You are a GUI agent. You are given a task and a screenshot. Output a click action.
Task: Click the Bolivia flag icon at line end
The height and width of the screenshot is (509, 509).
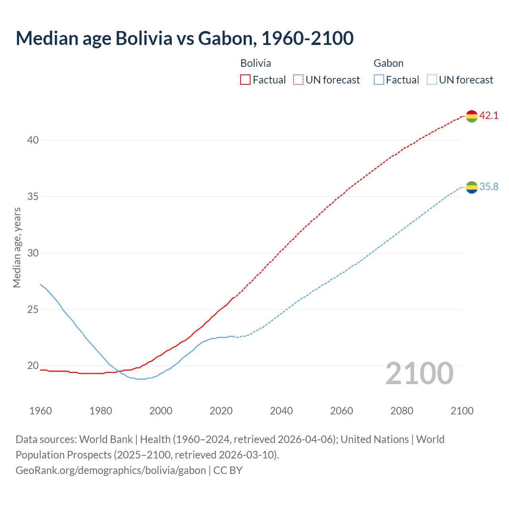[472, 116]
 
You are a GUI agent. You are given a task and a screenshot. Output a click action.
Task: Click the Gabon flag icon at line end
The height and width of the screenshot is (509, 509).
[472, 187]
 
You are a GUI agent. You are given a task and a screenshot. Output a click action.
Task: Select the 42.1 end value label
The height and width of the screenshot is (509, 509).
[489, 116]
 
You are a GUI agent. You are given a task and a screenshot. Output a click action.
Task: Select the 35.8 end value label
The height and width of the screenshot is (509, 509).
[489, 187]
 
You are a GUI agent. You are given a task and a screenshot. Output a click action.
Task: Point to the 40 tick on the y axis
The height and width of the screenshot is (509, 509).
[33, 140]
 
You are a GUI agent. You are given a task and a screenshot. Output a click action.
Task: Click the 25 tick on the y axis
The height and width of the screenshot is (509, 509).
[33, 309]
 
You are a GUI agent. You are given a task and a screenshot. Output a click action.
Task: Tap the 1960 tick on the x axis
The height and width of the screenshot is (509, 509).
[41, 411]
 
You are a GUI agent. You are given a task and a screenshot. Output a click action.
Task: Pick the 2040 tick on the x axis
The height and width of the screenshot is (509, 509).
[281, 411]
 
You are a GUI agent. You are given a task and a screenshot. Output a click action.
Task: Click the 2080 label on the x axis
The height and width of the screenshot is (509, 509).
[402, 411]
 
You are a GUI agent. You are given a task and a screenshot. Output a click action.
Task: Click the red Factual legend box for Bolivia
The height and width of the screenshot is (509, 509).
[245, 80]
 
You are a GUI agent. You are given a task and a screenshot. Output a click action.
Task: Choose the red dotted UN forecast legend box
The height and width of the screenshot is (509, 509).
[298, 80]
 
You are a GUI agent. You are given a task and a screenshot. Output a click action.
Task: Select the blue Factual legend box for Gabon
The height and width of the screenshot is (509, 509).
[379, 80]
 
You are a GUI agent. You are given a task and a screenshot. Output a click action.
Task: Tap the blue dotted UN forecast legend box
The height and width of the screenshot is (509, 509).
[432, 80]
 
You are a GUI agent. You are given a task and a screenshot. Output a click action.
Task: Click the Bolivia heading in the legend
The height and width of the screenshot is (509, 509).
[256, 63]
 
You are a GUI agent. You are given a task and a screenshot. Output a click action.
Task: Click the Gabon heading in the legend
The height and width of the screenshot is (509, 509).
[389, 63]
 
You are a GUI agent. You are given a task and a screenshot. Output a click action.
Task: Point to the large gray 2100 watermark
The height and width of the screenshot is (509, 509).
[420, 373]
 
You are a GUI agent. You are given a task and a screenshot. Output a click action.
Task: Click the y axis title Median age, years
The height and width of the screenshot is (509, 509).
[17, 247]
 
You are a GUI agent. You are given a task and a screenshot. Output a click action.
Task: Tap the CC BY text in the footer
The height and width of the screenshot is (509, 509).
[228, 470]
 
